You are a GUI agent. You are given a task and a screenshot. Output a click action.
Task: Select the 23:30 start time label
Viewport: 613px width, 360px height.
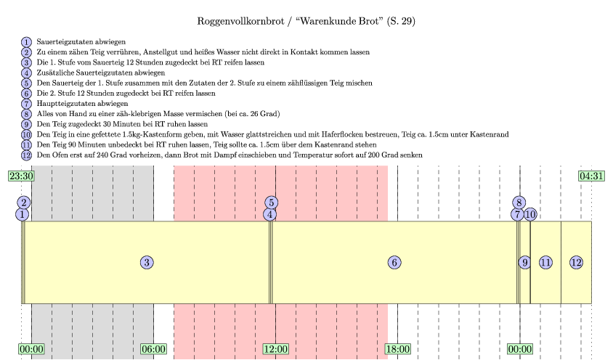(x=21, y=176)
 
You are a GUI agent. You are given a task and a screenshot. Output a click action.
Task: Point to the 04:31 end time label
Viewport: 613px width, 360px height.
(x=591, y=176)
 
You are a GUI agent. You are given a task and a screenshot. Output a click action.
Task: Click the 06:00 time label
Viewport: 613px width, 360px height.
(x=154, y=349)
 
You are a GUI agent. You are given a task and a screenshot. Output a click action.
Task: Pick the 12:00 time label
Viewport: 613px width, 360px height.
(x=276, y=349)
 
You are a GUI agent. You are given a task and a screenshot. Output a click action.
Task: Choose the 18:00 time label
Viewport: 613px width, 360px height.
(x=398, y=349)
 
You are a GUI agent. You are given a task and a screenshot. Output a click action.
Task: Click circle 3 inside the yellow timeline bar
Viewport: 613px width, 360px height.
(x=147, y=262)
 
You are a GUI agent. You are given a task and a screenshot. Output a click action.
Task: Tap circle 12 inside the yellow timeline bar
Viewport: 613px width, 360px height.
(x=576, y=262)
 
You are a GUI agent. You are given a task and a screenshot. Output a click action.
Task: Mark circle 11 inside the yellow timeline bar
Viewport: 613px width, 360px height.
(x=545, y=262)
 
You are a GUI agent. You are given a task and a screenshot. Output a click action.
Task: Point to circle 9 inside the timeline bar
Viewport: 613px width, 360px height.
(x=524, y=262)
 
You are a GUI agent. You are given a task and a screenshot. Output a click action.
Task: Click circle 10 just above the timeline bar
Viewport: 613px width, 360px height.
(x=530, y=214)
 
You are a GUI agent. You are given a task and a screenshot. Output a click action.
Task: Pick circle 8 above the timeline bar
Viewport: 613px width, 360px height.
(x=518, y=202)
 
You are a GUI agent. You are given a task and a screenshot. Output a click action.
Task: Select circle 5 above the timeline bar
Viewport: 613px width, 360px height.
(x=271, y=202)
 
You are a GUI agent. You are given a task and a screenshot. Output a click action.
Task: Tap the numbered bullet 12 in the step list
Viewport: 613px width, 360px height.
(x=27, y=155)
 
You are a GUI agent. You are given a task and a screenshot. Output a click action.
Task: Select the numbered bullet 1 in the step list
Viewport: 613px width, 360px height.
(x=27, y=42)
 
